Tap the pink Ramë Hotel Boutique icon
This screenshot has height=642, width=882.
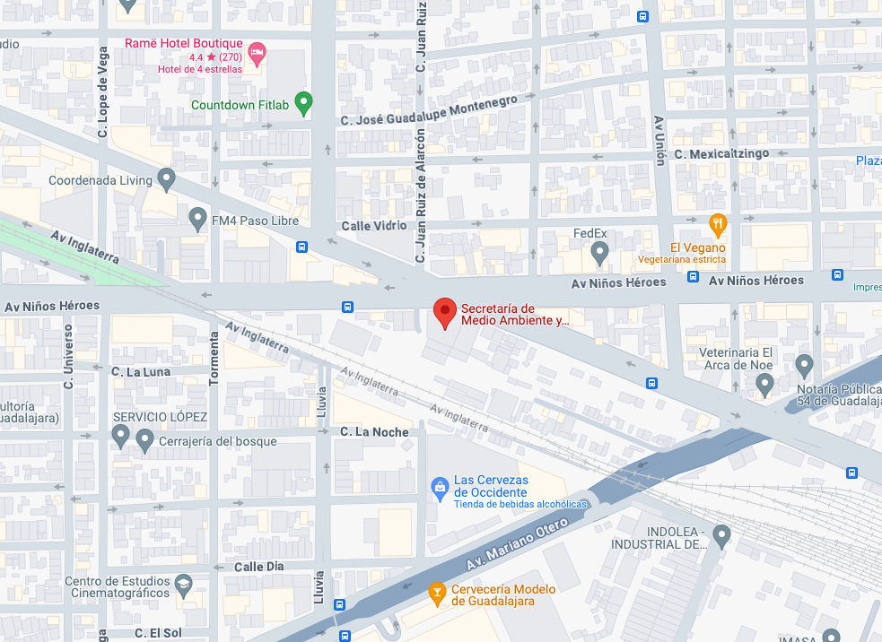257,53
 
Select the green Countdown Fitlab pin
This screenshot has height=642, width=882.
303,104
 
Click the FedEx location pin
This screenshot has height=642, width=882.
600,254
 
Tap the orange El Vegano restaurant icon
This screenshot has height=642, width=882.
717,224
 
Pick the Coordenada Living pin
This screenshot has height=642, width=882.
166,179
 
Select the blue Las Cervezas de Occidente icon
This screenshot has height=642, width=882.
440,487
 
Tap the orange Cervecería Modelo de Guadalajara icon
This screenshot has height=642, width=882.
437,593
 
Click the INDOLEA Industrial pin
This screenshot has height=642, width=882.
721,535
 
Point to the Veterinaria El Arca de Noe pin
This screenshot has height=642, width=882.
764,385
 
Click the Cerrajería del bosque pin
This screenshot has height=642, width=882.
144,439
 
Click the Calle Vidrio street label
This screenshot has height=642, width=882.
373,226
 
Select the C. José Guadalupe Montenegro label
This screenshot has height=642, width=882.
429,112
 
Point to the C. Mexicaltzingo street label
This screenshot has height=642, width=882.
723,154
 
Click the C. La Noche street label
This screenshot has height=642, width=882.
374,432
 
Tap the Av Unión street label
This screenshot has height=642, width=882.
659,140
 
